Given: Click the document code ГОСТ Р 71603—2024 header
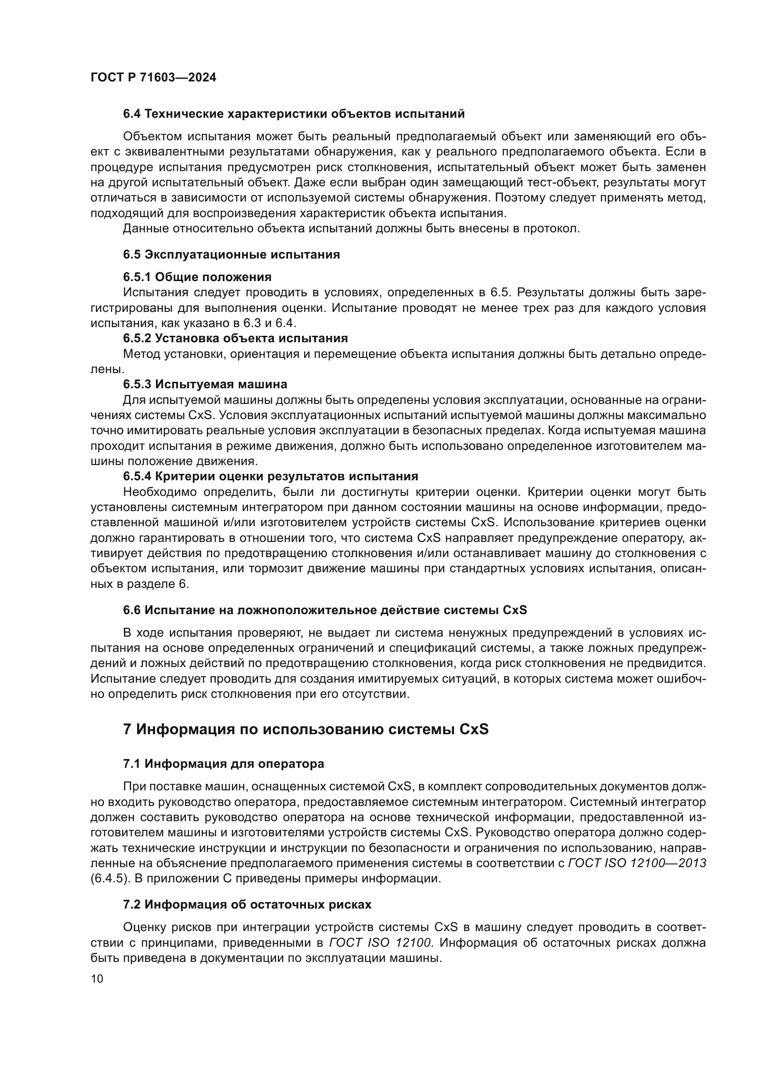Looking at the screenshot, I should (x=153, y=78).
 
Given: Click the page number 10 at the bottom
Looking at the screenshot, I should (x=97, y=979).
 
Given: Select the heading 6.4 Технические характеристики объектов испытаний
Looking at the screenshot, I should (x=294, y=114).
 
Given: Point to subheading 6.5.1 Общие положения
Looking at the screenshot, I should (x=197, y=277).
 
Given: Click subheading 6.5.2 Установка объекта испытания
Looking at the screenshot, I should (x=235, y=338).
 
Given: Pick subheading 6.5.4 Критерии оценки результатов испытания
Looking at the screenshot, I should (x=271, y=477).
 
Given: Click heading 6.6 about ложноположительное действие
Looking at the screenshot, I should (x=325, y=610).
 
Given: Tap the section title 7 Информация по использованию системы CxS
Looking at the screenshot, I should (x=306, y=730).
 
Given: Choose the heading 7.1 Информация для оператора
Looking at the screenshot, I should (x=224, y=764).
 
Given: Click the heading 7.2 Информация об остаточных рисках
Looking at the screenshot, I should (x=247, y=904).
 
